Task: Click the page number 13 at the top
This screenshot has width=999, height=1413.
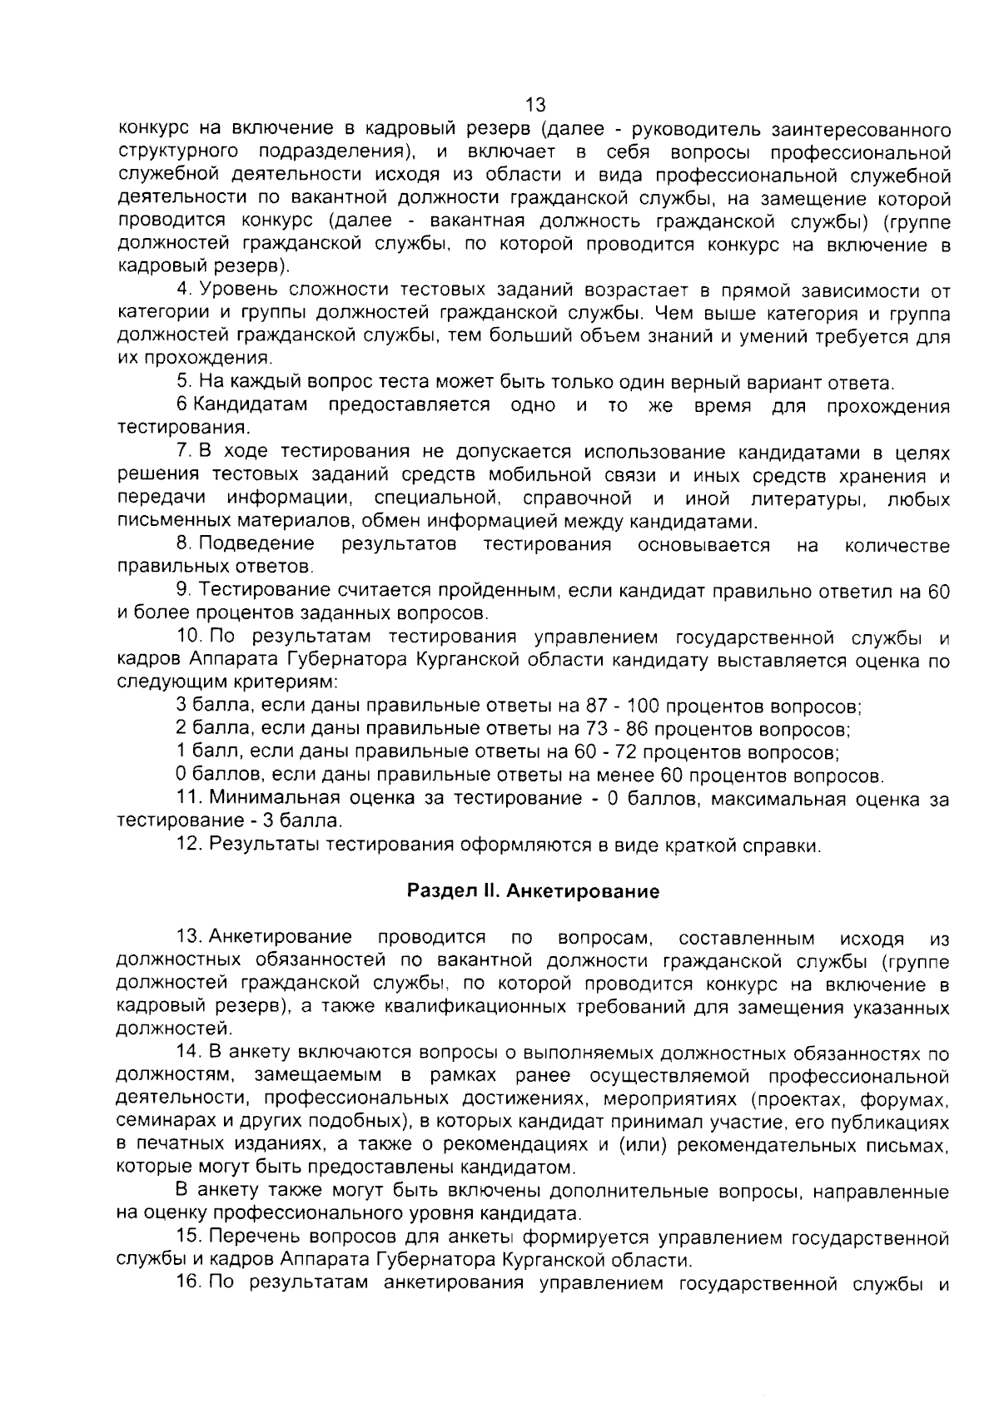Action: coord(535,105)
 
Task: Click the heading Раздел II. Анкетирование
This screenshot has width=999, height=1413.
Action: coord(533,891)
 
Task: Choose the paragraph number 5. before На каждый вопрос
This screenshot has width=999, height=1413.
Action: coord(184,383)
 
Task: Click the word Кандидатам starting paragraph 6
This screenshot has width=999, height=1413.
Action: coord(251,405)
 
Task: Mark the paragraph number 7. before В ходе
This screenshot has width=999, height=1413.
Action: coord(184,452)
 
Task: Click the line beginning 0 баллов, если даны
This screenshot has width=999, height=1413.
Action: coord(529,776)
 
